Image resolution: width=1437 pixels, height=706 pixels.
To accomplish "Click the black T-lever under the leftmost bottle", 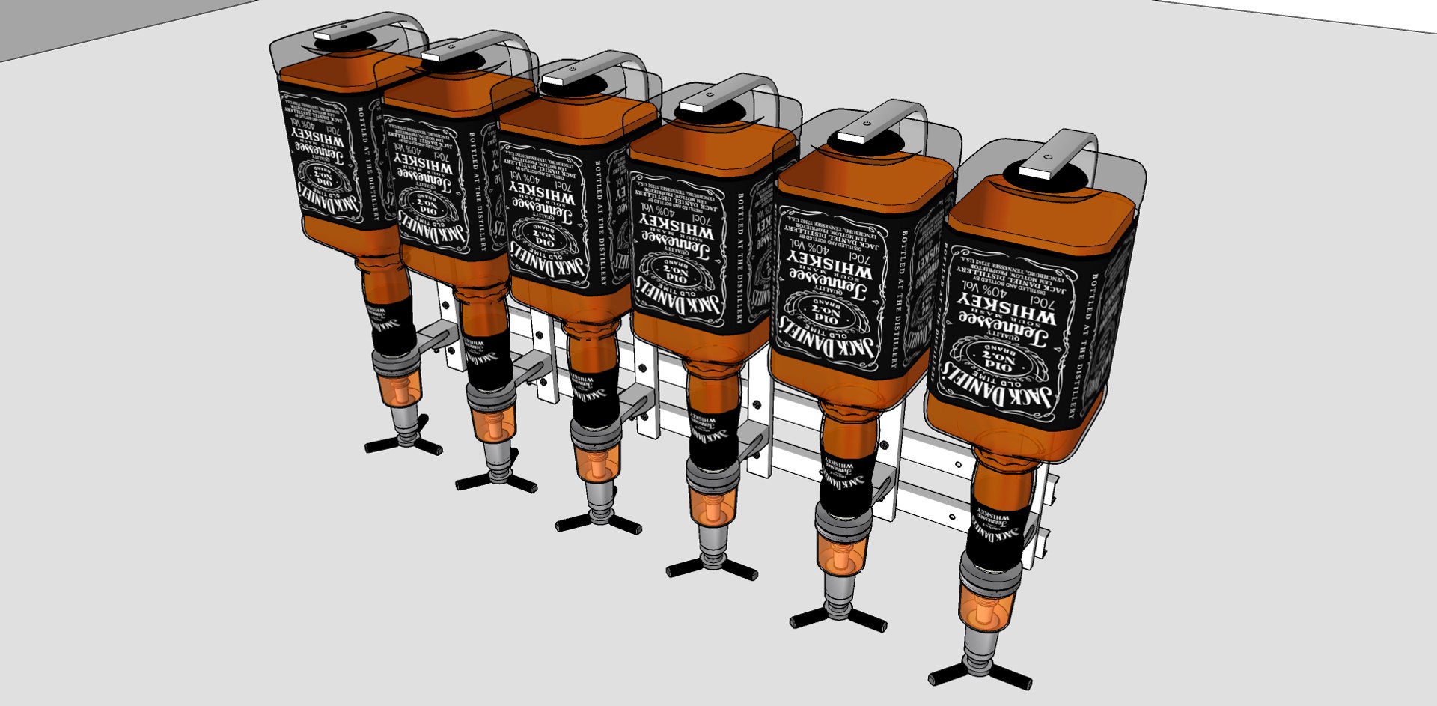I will tap(403, 446).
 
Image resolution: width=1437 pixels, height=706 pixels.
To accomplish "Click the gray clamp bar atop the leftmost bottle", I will tap(336, 33).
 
